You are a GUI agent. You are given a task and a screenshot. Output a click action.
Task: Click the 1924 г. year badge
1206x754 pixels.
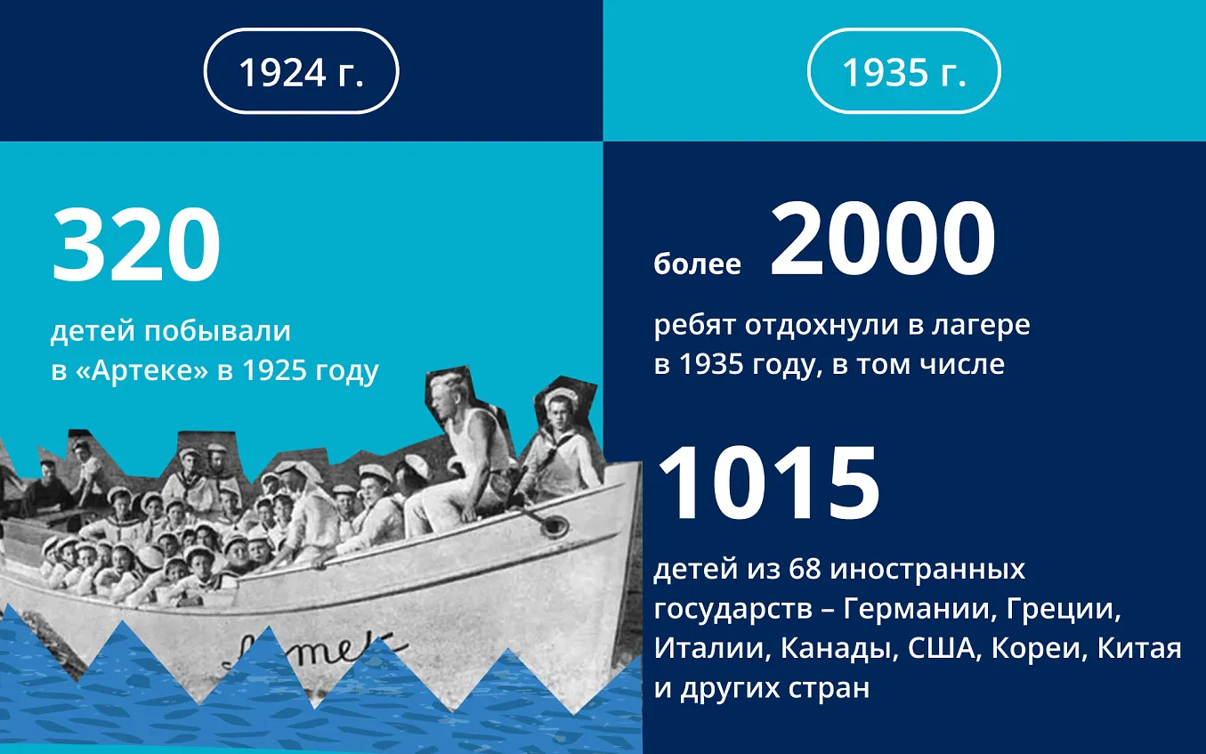click(301, 70)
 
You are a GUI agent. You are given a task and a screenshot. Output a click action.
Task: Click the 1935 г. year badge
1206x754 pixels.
click(904, 70)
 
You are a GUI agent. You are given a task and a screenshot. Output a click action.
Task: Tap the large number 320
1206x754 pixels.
click(135, 245)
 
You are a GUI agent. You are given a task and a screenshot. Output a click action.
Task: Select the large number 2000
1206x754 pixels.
click(883, 239)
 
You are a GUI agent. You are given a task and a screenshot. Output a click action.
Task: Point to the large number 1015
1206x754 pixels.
click(768, 483)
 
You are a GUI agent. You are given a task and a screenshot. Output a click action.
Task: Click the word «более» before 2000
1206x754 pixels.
click(697, 263)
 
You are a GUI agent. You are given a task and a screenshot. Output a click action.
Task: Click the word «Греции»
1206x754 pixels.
click(1064, 610)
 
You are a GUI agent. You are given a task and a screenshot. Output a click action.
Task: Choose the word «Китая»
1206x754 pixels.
click(1139, 648)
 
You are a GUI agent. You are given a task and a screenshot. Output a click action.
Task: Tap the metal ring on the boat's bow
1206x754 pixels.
click(554, 525)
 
